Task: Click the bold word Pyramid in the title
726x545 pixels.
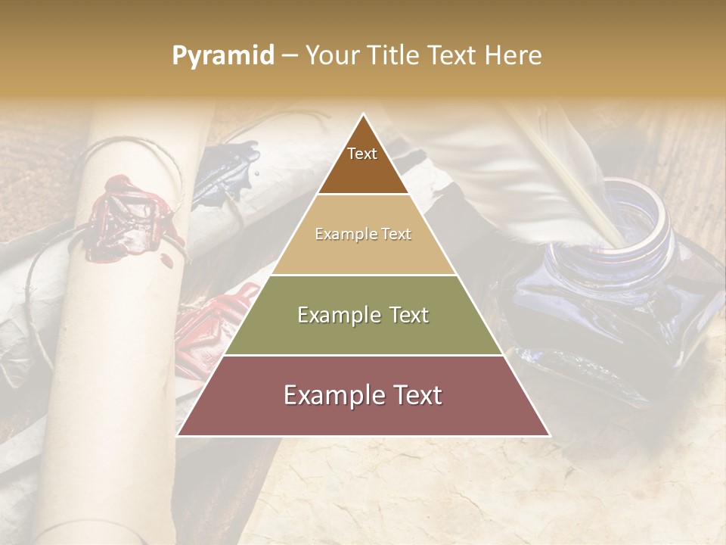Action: click(223, 56)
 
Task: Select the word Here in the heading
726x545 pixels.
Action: click(513, 56)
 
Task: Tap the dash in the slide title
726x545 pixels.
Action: click(290, 56)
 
